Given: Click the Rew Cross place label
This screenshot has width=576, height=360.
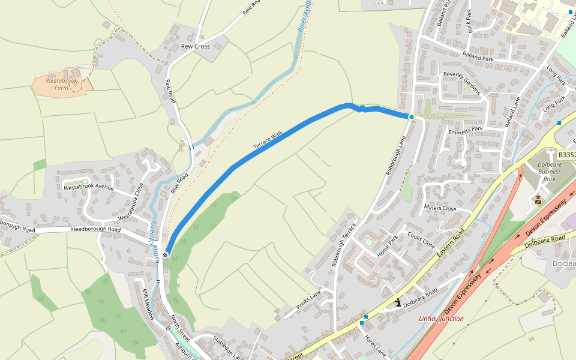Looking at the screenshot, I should point(196,46).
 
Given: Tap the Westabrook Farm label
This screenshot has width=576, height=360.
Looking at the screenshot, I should point(62,84).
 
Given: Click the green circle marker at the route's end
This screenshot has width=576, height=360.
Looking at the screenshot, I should point(412,117).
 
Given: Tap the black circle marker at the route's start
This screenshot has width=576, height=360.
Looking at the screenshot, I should point(166,256).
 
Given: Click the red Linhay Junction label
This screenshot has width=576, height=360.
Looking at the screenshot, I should point(441,319).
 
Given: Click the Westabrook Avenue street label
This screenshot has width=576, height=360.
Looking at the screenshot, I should point(89,187).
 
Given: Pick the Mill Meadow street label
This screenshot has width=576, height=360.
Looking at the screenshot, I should point(148,305).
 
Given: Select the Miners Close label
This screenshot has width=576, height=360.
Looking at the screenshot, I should point(440,208).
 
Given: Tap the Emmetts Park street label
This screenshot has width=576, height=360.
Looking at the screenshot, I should point(465,130).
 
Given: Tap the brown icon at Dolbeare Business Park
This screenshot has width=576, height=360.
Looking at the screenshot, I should point(538,200).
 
